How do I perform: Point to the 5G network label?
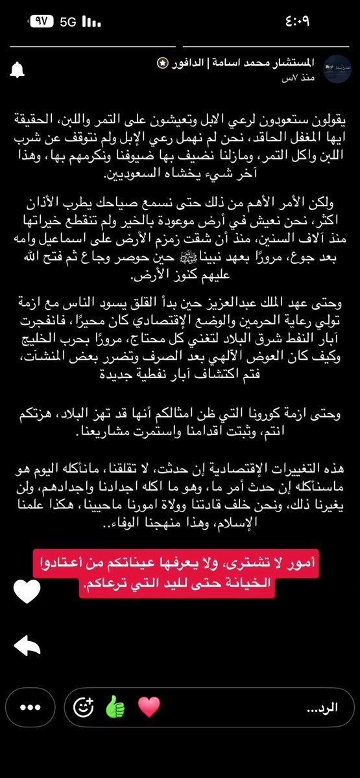point(67,21)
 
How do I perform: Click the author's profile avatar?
point(337,69)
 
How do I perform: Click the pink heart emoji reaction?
point(149,707)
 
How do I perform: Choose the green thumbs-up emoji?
point(115,707)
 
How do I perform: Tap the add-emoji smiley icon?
point(83,707)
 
